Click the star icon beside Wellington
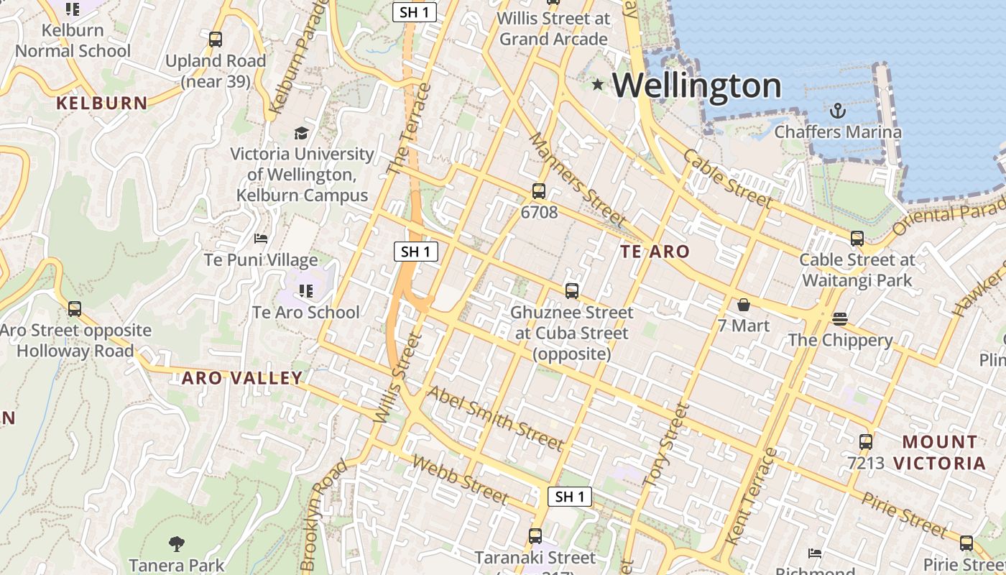pos(598,85)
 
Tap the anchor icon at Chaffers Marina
pos(837,111)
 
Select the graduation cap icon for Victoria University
pos(302,133)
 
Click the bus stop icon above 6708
pos(539,191)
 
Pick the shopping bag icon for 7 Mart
pos(743,305)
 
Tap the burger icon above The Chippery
pos(840,318)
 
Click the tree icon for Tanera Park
pos(176,544)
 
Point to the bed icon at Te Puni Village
pos(261,239)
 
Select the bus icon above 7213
pos(866,442)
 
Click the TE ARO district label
pos(655,252)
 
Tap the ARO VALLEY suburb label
pos(241,378)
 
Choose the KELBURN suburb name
pos(102,103)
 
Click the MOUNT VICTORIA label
pos(939,452)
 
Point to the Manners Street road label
pos(577,179)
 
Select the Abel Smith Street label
pos(495,418)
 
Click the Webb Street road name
pos(461,480)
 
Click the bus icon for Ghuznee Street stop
pos(572,291)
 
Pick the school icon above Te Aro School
pos(306,291)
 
